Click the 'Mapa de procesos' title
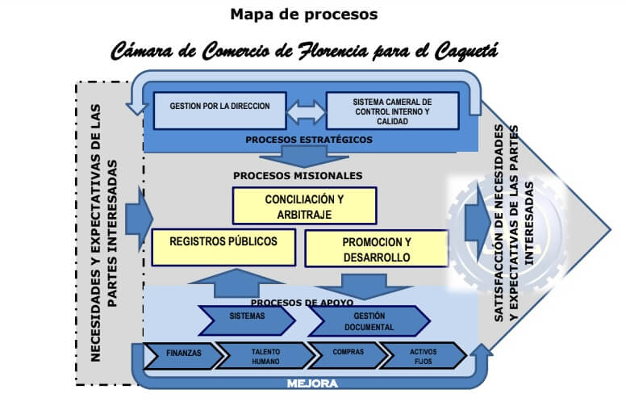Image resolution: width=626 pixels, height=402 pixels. pos(304,15)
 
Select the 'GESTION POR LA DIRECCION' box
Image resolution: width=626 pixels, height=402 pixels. pos(220,111)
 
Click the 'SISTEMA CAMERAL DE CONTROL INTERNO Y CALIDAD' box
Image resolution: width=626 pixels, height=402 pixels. pos(392,111)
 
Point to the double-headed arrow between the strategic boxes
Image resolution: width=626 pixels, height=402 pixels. pos(307,112)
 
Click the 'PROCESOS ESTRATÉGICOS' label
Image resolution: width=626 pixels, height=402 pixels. pos(309,140)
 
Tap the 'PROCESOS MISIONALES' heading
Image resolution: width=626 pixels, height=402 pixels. pos(298,176)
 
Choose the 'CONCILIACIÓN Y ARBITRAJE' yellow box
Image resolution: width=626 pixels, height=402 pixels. pos(305,206)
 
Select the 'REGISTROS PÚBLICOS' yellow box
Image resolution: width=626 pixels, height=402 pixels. pos(223,247)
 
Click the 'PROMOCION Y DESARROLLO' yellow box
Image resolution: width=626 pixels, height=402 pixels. pos(377,249)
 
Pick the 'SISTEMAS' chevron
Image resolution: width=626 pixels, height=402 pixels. pos(247,320)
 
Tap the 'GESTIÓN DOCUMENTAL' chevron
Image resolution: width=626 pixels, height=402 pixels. pos(369,321)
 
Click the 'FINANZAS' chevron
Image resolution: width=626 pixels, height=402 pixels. pos(184,355)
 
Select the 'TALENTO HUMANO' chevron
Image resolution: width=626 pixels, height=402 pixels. pos(265,355)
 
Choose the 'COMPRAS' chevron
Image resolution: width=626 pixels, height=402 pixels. pos(348,355)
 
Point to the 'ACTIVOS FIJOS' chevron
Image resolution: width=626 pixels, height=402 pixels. pos(424,355)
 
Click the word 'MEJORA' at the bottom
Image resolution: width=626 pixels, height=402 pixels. pos(312,383)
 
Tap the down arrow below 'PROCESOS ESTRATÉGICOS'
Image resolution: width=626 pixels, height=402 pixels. pos(305,157)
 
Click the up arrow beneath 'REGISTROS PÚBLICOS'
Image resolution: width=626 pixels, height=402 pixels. pos(236,283)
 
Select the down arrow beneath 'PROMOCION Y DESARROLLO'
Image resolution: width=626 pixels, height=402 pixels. pos(364,286)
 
